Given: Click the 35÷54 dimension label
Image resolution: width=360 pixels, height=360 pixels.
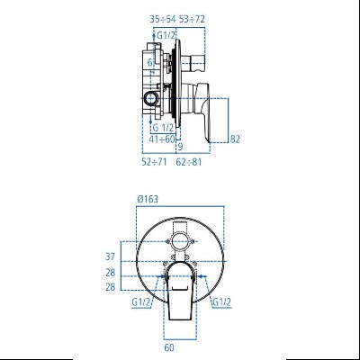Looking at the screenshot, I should click(x=163, y=17).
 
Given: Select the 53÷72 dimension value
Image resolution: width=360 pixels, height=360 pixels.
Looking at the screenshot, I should click(x=191, y=17).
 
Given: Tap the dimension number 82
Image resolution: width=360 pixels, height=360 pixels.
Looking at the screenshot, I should click(x=236, y=139).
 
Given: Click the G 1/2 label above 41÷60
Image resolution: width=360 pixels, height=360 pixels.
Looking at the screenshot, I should click(x=163, y=127).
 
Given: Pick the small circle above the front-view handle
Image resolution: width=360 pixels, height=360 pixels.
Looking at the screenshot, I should click(x=181, y=242).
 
